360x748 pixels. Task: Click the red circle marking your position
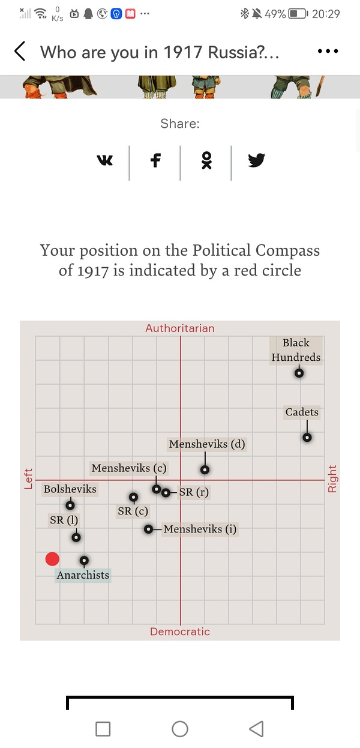point(52,559)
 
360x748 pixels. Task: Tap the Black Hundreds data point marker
point(299,373)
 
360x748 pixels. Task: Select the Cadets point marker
point(307,437)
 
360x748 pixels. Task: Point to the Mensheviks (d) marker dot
point(205,469)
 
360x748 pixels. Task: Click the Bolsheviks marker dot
point(70,505)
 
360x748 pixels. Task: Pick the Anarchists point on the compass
point(85,560)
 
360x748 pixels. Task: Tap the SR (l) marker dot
point(76,537)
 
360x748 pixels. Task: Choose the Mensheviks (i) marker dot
point(148,529)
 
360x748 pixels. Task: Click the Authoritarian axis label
point(180,328)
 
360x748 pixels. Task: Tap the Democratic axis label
point(180,632)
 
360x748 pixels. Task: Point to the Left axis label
point(28,478)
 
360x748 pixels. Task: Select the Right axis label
point(332,479)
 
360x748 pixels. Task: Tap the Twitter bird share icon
point(257,160)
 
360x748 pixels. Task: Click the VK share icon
point(104,160)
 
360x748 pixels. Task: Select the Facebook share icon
point(155,160)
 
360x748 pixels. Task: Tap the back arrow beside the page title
point(20,52)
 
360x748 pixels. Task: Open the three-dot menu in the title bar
point(328,52)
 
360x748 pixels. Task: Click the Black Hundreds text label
point(296,350)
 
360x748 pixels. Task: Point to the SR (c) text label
point(133,511)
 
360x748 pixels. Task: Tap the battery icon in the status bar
point(298,13)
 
